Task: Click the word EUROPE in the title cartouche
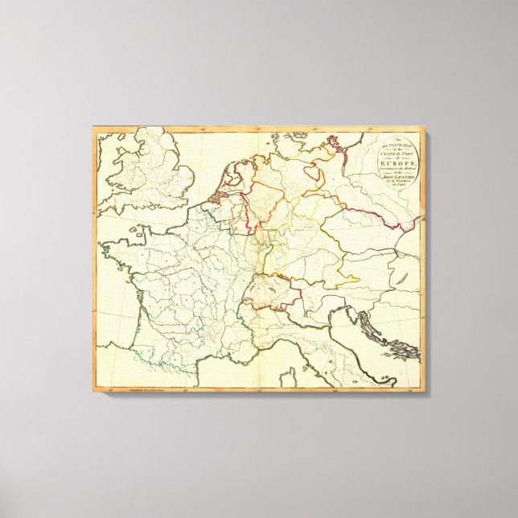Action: click(400, 162)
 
